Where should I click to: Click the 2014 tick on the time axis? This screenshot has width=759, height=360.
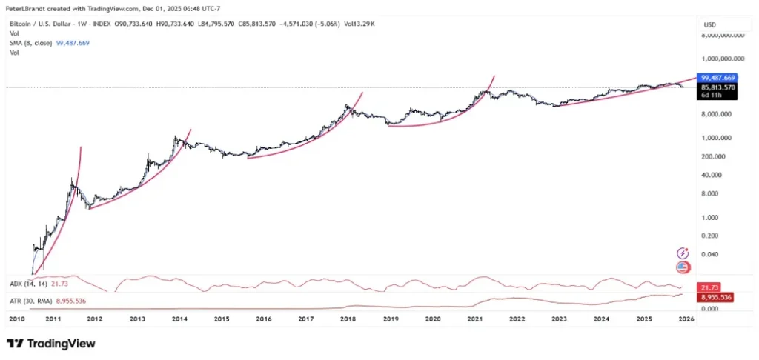pyautogui.click(x=179, y=319)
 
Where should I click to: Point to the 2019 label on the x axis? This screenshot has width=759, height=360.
pyautogui.click(x=391, y=319)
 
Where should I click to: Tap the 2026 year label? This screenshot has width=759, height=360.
pyautogui.click(x=686, y=319)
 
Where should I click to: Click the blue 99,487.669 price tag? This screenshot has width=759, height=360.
pyautogui.click(x=717, y=78)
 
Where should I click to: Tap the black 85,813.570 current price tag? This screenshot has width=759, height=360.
pyautogui.click(x=717, y=87)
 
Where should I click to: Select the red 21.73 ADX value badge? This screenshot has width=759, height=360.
pyautogui.click(x=711, y=286)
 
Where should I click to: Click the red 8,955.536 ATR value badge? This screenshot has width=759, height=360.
pyautogui.click(x=717, y=296)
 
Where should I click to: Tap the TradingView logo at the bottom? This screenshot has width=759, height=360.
pyautogui.click(x=51, y=343)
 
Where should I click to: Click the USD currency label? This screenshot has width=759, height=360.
pyautogui.click(x=709, y=24)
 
